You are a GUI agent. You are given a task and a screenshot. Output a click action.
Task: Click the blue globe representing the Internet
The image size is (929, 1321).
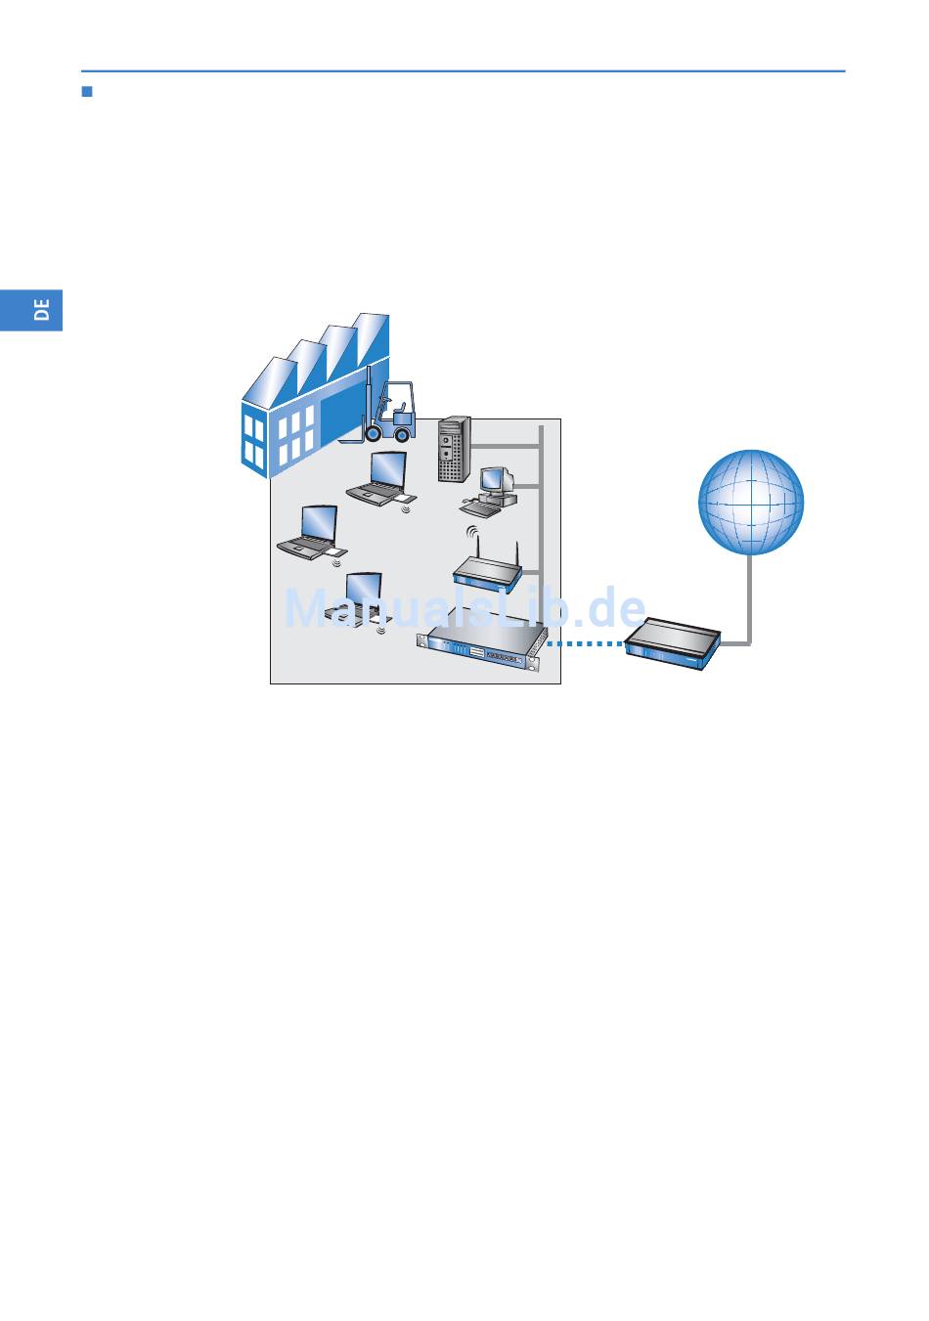(x=751, y=502)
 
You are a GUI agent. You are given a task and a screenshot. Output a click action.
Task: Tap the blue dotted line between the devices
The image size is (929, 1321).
(x=584, y=644)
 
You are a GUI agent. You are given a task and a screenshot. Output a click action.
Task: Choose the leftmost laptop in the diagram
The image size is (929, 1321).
(x=310, y=533)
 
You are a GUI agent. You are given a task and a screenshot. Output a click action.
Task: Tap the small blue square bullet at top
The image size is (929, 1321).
(x=86, y=93)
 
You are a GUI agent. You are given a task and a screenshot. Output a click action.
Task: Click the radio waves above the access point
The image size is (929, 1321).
(x=471, y=534)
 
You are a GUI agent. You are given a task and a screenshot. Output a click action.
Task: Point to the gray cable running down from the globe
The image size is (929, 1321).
(x=750, y=596)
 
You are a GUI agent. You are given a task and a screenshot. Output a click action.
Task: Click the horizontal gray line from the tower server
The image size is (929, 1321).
(x=505, y=446)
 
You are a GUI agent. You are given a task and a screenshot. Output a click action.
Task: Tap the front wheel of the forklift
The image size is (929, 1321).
(x=402, y=434)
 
